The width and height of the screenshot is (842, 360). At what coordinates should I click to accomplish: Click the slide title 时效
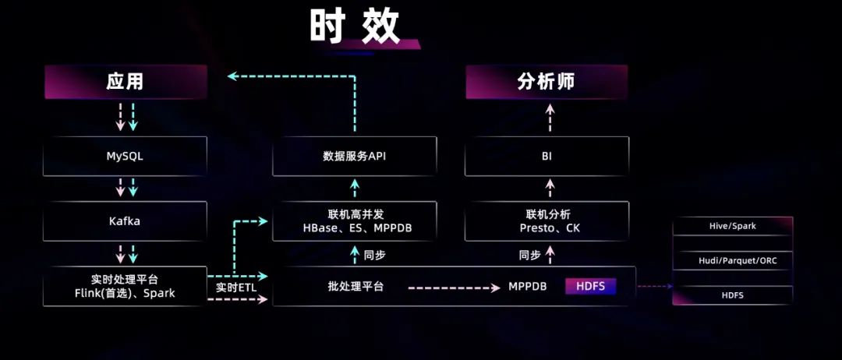pos(355,27)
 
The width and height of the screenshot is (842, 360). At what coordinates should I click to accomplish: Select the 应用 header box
pos(125,82)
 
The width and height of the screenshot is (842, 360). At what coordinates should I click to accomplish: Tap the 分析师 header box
pos(546,82)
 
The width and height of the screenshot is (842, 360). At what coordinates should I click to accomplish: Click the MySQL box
pos(125,156)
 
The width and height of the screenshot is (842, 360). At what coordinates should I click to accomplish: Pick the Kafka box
pos(125,221)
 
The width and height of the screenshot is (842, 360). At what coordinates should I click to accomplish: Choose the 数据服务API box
pos(355,156)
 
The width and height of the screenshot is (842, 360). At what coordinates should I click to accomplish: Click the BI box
pos(547,156)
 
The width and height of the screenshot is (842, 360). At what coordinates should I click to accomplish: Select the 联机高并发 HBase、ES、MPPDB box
pos(355,221)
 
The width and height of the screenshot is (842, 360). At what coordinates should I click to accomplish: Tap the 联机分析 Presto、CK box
pos(547,221)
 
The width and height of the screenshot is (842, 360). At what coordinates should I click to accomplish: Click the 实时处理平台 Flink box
pos(125,286)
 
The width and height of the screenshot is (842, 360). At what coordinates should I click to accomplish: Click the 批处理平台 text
pos(356,287)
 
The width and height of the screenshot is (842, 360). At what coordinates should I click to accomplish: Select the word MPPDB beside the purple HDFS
pos(528,287)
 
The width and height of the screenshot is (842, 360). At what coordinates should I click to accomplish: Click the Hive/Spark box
pos(732,226)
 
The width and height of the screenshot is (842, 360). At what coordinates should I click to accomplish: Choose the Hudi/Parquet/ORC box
pos(732,260)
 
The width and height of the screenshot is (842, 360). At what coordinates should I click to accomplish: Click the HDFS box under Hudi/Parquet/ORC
pos(732,295)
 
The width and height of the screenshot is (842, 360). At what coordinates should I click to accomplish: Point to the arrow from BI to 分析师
pos(550,118)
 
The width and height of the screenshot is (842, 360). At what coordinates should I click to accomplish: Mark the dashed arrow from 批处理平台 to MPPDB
pos(452,287)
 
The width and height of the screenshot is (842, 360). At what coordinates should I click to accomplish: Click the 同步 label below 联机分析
pos(529,254)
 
